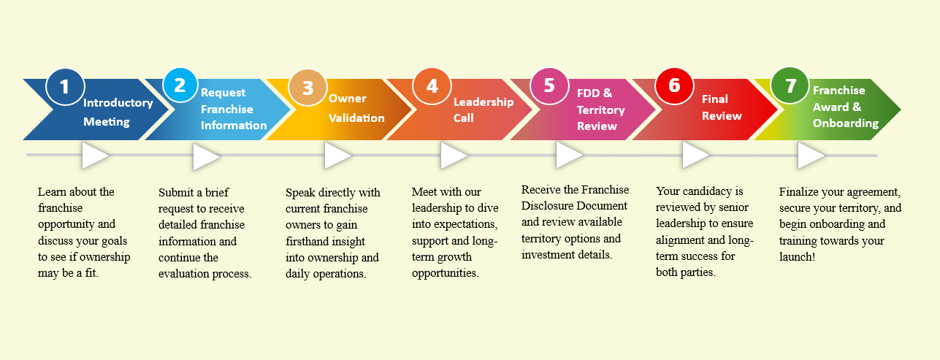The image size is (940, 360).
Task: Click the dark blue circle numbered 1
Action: (x=65, y=87)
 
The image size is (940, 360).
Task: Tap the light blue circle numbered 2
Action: (x=180, y=85)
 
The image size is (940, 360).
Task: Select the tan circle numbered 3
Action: (x=307, y=88)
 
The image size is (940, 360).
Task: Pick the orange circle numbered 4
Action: (x=432, y=86)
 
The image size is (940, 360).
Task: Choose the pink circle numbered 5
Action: (x=549, y=86)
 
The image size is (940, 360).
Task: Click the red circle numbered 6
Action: (x=674, y=86)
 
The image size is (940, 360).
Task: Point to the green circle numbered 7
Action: (x=790, y=85)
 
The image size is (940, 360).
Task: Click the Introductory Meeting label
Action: (x=118, y=112)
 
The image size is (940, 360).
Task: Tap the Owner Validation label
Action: (x=356, y=108)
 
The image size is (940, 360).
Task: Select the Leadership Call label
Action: (x=484, y=110)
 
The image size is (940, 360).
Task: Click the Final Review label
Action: (x=722, y=107)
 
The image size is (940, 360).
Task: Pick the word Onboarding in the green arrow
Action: (x=846, y=123)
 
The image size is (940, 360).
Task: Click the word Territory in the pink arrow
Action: (x=600, y=110)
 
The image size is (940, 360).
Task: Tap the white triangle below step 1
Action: (x=96, y=156)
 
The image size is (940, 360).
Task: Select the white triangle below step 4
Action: (x=454, y=156)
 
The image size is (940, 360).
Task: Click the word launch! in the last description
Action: (x=798, y=256)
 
